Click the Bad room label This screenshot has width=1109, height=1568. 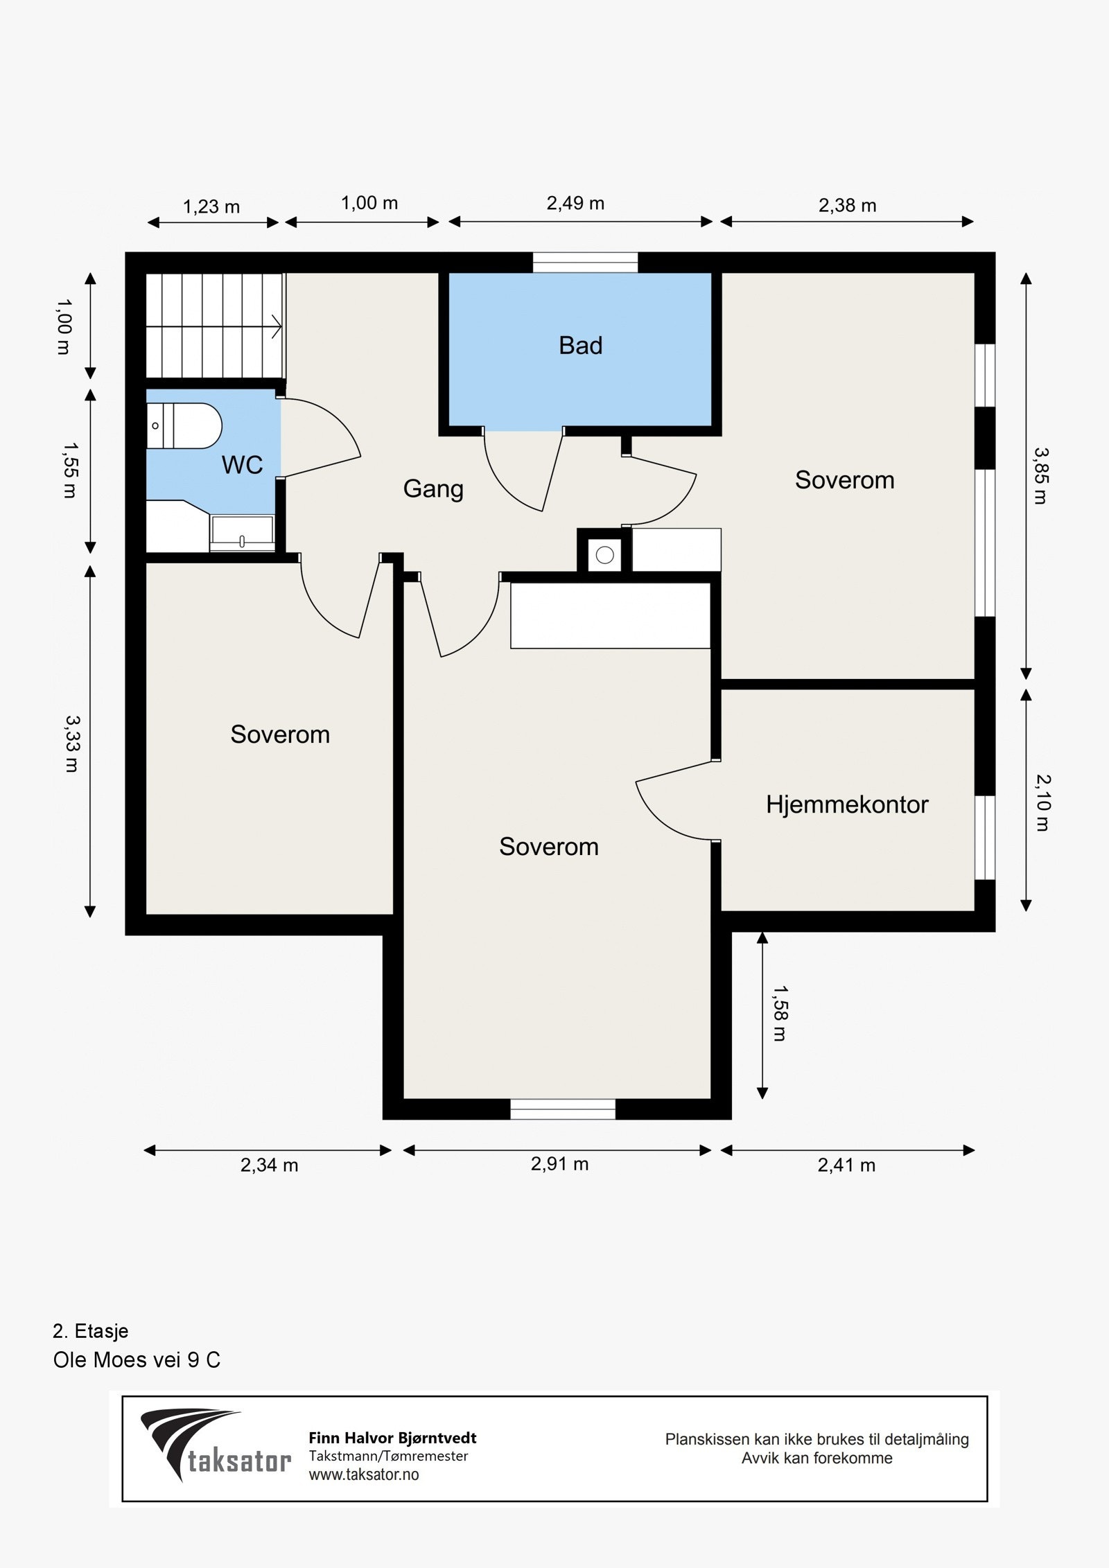pyautogui.click(x=580, y=345)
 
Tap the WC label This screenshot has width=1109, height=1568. pyautogui.click(x=242, y=465)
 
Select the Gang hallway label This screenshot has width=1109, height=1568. pyautogui.click(x=433, y=488)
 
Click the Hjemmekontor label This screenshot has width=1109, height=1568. pyautogui.click(x=847, y=804)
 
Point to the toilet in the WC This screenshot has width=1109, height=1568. pyautogui.click(x=184, y=425)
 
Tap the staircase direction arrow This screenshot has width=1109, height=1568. pyautogui.click(x=275, y=326)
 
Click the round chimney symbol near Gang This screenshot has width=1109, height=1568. pyautogui.click(x=604, y=555)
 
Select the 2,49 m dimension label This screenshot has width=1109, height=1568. pyautogui.click(x=575, y=203)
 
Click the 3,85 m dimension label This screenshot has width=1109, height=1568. pyautogui.click(x=1041, y=475)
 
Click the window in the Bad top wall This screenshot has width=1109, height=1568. pyautogui.click(x=585, y=262)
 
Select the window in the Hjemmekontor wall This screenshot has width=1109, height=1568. pyautogui.click(x=985, y=837)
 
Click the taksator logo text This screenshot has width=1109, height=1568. pyautogui.click(x=239, y=1461)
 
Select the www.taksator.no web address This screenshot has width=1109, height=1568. pyautogui.click(x=364, y=1474)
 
